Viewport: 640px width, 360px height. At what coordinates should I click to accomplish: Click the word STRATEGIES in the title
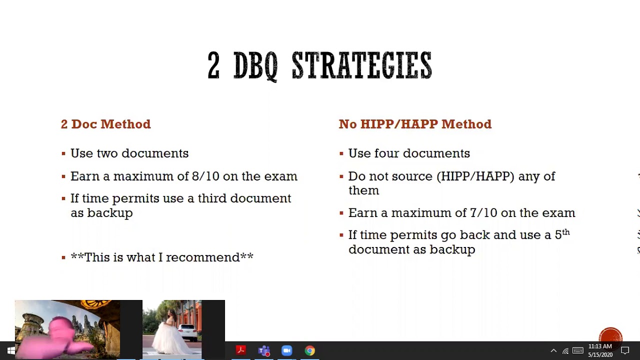[x=361, y=65]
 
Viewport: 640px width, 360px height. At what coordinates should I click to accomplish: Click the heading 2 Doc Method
[x=105, y=124]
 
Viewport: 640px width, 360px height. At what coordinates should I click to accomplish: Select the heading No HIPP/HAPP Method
[x=415, y=124]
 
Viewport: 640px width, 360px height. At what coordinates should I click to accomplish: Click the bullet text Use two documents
[x=129, y=153]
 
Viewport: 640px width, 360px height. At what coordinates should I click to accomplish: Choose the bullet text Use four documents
[x=409, y=153]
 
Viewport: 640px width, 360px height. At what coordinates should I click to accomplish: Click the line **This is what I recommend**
[x=162, y=257]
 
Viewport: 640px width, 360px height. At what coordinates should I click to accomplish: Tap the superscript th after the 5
[x=566, y=232]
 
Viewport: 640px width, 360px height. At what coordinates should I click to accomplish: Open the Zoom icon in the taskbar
[x=286, y=350]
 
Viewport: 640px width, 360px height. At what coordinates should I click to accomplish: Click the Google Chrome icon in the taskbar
[x=310, y=350]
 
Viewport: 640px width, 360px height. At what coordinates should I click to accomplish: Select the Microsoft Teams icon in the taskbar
[x=263, y=350]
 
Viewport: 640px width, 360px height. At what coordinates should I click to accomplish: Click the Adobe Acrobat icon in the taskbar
[x=240, y=350]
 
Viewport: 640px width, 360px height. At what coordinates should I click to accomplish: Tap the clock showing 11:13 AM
[x=600, y=346]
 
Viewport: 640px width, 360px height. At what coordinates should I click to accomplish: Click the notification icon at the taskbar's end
[x=625, y=350]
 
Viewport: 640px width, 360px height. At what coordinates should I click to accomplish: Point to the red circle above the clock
[x=610, y=336]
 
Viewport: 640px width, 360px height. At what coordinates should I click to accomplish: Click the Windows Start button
[x=10, y=350]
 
